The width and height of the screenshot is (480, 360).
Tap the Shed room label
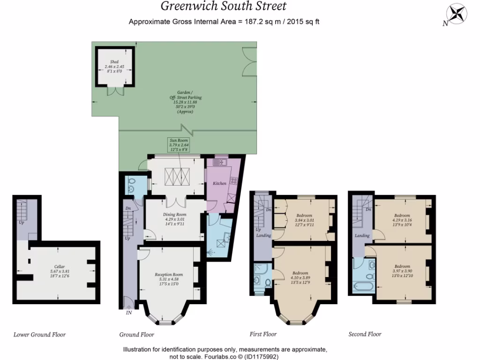click(x=114, y=62)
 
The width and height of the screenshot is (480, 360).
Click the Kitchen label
click(x=219, y=183)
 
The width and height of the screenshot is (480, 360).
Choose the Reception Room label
click(x=169, y=274)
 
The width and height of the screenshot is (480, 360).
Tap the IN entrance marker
click(x=129, y=313)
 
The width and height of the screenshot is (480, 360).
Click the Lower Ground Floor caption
click(x=39, y=335)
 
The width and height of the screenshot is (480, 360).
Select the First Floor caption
click(x=263, y=334)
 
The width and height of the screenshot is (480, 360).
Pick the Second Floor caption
click(x=365, y=334)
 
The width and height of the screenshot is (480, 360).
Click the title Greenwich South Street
click(x=224, y=7)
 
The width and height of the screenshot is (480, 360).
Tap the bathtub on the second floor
click(x=363, y=285)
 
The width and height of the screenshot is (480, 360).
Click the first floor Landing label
click(x=263, y=235)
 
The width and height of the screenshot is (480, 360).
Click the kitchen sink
click(x=219, y=162)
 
